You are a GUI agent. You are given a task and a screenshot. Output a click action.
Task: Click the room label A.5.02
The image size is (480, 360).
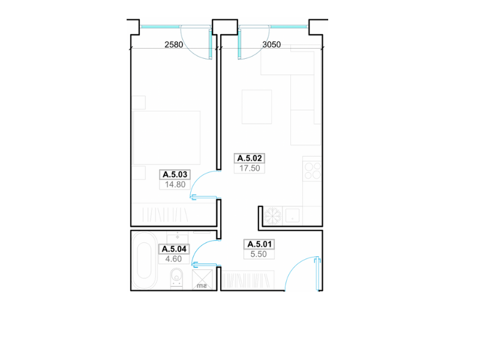pyautogui.click(x=250, y=158)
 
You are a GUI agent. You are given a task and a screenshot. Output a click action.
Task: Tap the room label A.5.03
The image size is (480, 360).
pyautogui.click(x=175, y=175)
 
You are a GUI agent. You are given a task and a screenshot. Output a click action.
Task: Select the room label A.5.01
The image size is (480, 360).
pyautogui.click(x=259, y=244)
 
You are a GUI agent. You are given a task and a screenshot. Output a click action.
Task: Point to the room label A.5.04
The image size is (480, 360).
pyautogui.click(x=174, y=249)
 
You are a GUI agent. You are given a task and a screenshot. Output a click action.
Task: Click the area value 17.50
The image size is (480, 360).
pyautogui.click(x=250, y=168)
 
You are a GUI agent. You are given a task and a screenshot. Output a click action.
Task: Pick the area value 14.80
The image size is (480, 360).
pyautogui.click(x=175, y=185)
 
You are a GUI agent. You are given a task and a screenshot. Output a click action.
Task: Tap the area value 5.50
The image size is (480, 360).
pyautogui.click(x=259, y=254)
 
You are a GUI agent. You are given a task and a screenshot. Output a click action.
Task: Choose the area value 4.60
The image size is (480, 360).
pyautogui.click(x=173, y=259)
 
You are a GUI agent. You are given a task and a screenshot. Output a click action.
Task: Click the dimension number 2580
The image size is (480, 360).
pyautogui.click(x=173, y=44)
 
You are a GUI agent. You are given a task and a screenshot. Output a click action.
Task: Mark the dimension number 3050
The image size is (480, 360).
pyautogui.click(x=272, y=44)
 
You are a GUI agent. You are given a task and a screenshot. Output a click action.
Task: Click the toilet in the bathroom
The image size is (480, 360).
pyautogui.click(x=176, y=278)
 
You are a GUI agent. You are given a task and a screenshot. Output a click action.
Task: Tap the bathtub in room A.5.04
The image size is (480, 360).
pyautogui.click(x=144, y=260)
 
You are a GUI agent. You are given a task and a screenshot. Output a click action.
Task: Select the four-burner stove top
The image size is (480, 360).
pyautogui.click(x=313, y=171)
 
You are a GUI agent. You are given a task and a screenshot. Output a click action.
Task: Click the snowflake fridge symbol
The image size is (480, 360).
pyautogui.click(x=272, y=216)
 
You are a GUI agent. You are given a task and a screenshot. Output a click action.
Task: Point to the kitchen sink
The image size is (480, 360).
pyautogui.click(x=292, y=215)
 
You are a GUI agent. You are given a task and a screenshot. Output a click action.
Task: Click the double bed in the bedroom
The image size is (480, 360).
pyautogui.click(x=167, y=138)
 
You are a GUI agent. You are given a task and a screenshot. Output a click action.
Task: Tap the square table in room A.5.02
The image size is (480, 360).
pyautogui.click(x=257, y=107)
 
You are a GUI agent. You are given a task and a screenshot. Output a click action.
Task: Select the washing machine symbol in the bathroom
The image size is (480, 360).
pyautogui.click(x=202, y=280)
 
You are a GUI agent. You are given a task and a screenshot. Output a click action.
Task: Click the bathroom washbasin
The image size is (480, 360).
pyautogui.click(x=178, y=237)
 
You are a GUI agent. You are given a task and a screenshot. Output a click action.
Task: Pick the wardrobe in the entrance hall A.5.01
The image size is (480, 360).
pyautogui.click(x=248, y=280)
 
